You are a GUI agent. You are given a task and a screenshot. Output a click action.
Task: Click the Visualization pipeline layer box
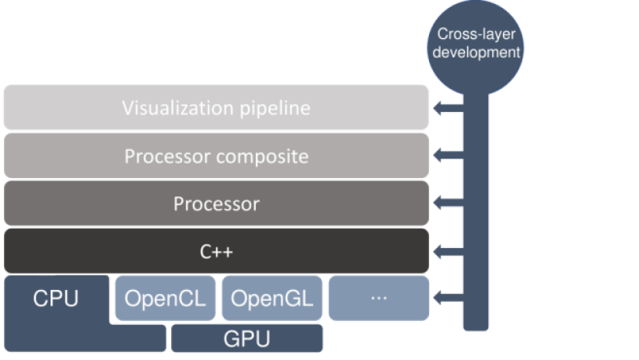click(216, 107)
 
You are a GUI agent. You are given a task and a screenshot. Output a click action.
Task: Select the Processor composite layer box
click(216, 156)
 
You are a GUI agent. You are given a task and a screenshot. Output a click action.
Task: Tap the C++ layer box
click(216, 251)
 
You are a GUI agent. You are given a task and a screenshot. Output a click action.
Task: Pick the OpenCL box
click(166, 298)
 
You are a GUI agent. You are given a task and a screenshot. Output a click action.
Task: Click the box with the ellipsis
click(379, 298)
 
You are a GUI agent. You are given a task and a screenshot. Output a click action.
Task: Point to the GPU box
click(246, 339)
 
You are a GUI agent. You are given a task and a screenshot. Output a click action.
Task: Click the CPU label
click(56, 299)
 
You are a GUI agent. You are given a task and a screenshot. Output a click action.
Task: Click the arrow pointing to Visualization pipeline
click(449, 109)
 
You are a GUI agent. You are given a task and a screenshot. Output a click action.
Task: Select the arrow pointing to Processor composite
click(449, 156)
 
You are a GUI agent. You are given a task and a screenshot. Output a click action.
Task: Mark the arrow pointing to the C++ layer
click(449, 251)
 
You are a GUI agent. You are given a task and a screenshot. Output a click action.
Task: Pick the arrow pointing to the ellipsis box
click(449, 297)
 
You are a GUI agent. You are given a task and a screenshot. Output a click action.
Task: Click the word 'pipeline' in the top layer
click(273, 108)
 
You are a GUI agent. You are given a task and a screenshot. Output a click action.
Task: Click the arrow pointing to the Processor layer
click(449, 204)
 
